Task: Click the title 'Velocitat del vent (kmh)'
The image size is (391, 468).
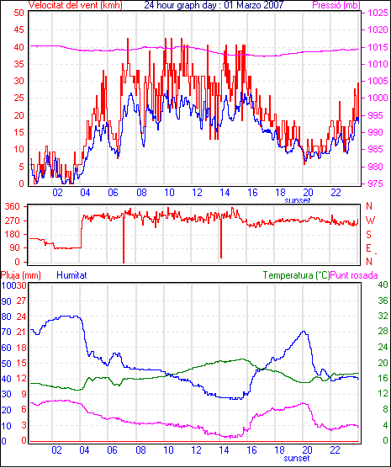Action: pos(75,5)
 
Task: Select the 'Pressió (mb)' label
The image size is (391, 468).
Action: pos(336,5)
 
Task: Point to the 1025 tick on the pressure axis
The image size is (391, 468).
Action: pos(378,13)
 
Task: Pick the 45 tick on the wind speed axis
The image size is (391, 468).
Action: pos(18,29)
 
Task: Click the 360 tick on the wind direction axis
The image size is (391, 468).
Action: pos(13,206)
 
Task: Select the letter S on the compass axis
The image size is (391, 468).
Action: pos(368,235)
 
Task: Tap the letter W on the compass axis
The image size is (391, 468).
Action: pos(370,221)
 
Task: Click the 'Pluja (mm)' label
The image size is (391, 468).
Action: pos(20,275)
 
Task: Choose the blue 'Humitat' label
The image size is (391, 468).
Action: pos(71,275)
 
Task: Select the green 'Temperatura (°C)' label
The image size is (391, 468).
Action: pos(297,275)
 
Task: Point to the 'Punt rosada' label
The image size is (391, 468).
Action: pos(354,275)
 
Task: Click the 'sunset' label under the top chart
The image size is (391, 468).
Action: pos(298,200)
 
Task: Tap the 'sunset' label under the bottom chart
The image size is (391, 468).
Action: pos(297,458)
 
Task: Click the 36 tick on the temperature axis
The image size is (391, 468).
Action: pos(383,300)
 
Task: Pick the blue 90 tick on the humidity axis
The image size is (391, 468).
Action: pos(6,301)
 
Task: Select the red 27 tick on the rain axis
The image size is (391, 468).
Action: pos(21,300)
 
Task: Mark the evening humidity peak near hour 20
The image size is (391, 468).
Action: pos(304,331)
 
